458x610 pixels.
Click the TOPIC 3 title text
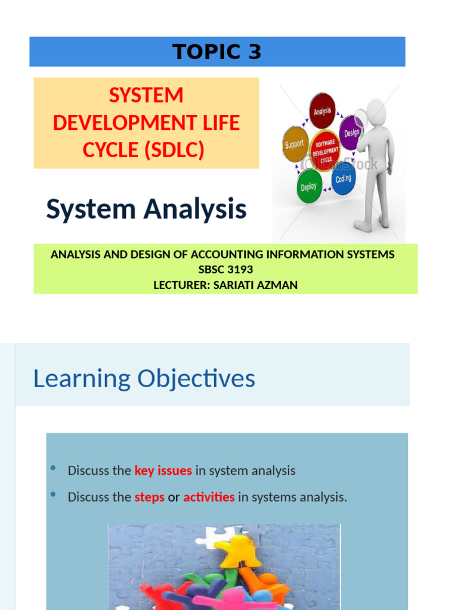[217, 52]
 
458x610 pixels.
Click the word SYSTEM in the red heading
[146, 95]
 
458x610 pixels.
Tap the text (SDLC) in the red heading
[175, 151]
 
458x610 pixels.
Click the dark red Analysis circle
[322, 111]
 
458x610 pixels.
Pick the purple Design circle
[352, 132]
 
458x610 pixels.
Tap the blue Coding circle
[343, 179]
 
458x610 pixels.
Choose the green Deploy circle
[309, 186]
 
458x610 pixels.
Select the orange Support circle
[294, 144]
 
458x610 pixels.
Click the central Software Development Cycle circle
[324, 149]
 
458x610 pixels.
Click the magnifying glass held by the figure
[361, 119]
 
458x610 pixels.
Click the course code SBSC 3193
[225, 270]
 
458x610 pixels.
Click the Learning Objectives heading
[144, 379]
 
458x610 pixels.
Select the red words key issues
[163, 471]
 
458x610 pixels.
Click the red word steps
[149, 497]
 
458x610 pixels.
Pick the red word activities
[209, 497]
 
